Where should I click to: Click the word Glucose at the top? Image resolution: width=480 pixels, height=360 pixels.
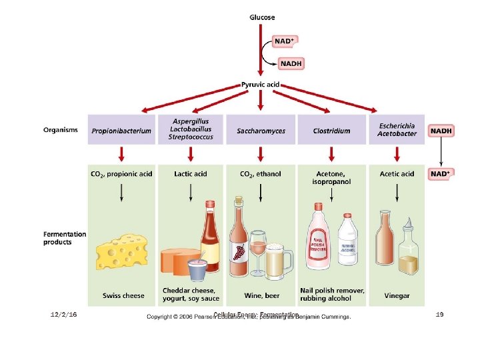(262, 17)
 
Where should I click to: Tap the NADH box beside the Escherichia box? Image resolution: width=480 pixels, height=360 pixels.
(441, 131)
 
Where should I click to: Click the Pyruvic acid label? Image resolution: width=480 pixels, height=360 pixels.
(261, 85)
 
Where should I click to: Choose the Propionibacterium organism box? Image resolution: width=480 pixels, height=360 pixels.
(121, 131)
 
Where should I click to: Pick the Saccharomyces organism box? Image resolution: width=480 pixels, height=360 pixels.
(261, 131)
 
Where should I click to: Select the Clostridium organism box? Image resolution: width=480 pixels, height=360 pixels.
(331, 131)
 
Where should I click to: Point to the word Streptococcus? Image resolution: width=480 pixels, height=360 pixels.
(191, 137)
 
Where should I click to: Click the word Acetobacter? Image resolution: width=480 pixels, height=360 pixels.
(397, 133)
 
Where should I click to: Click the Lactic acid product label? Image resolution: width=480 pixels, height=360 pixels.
(191, 174)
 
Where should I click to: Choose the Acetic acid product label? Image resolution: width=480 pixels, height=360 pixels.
(397, 174)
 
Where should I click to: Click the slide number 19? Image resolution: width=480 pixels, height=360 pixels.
(439, 314)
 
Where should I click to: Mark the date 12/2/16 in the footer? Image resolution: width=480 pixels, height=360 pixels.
(64, 314)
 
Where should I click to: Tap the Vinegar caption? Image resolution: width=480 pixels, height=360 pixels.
(397, 295)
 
